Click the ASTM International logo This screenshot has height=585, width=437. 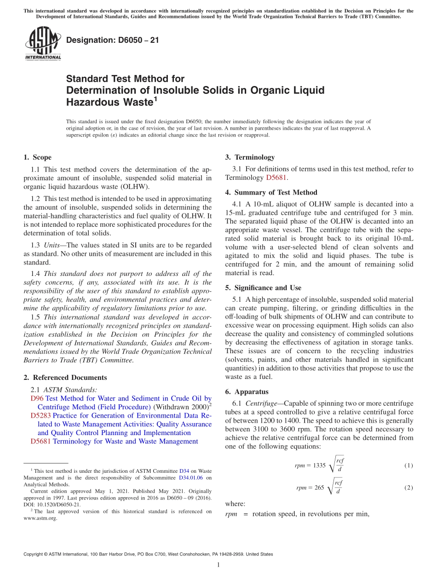tap(42, 44)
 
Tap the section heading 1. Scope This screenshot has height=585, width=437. tap(37, 157)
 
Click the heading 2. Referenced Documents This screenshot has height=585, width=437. tap(65, 378)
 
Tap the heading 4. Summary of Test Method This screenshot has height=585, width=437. tap(271, 192)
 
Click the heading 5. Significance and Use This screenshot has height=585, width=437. tap(263, 288)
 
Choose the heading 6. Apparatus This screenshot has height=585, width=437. tap(247, 392)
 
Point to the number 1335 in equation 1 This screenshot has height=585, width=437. tap(319, 465)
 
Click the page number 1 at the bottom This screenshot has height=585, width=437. tap(218, 565)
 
